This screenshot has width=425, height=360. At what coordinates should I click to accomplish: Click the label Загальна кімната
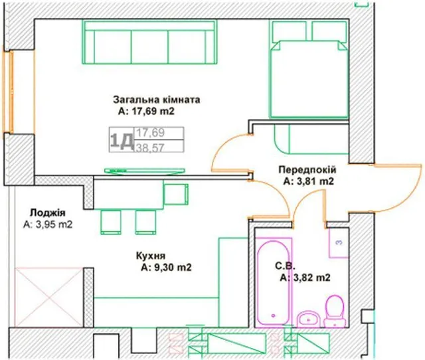tap(157, 100)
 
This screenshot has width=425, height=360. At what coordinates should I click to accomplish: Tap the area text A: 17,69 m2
tap(146, 112)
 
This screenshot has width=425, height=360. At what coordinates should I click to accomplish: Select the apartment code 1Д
tap(122, 140)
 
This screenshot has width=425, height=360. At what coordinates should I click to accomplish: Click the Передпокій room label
tap(307, 169)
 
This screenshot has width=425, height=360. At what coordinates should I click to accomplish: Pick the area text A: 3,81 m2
tap(308, 181)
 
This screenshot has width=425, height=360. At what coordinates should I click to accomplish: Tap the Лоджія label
tap(48, 213)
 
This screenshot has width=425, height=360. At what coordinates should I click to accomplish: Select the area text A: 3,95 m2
tap(48, 225)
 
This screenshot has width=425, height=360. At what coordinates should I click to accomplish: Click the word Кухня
tap(151, 256)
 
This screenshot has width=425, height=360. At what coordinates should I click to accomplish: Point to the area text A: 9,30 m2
tap(166, 268)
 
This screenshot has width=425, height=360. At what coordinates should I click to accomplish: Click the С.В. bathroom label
tap(285, 266)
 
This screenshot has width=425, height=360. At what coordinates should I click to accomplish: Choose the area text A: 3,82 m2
tap(305, 278)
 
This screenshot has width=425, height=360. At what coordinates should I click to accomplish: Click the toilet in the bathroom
tap(335, 312)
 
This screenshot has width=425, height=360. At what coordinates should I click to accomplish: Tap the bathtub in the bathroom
tap(274, 281)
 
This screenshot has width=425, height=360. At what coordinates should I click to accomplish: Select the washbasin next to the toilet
tap(309, 319)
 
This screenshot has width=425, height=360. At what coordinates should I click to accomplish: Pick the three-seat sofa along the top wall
tap(150, 43)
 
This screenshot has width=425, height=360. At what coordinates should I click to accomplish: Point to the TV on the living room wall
tap(145, 171)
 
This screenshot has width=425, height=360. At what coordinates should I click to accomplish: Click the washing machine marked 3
tap(339, 243)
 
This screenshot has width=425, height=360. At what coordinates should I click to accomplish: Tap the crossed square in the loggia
tap(49, 297)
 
